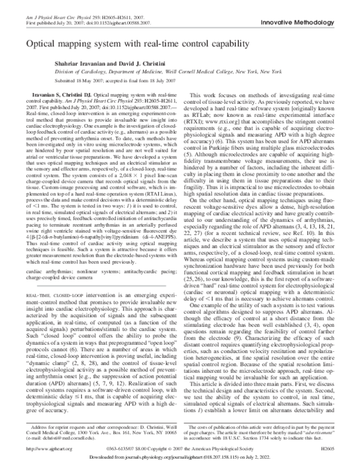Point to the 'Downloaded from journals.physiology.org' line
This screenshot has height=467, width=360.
click(180, 458)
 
